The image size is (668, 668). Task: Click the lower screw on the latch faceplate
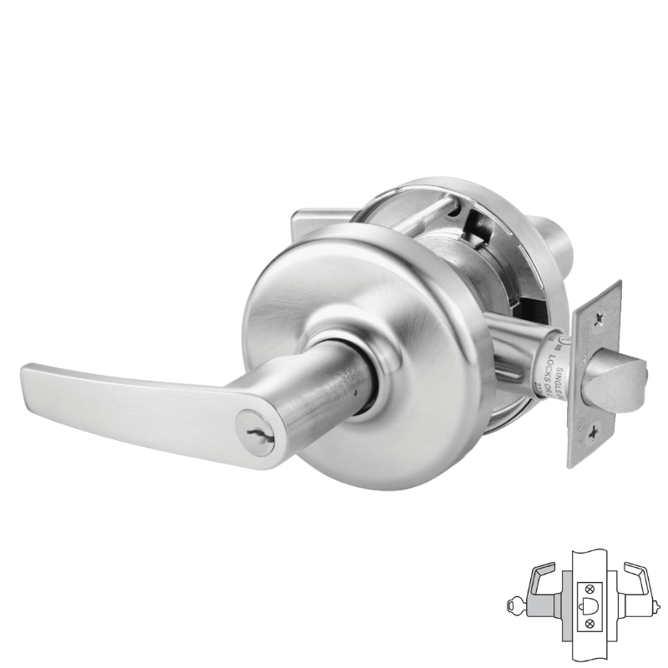tap(594, 432)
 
